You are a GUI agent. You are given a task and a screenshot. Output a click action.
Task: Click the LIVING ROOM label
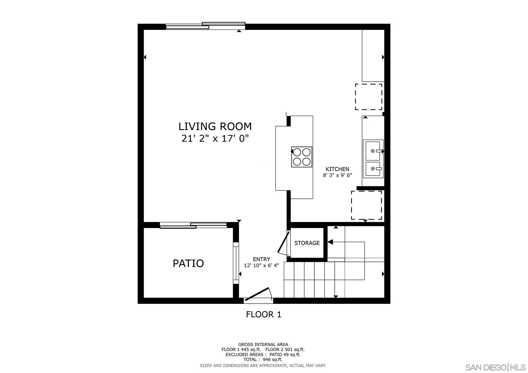click(215, 126)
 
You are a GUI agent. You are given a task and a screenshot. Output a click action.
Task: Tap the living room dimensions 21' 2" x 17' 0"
click(215, 139)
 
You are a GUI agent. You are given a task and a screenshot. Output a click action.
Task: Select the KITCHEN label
click(337, 169)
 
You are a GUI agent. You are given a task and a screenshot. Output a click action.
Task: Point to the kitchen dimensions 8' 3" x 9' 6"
click(337, 175)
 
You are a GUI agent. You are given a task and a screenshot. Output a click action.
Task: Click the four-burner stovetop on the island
click(301, 157)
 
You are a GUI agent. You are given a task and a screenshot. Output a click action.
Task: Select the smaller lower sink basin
click(373, 169)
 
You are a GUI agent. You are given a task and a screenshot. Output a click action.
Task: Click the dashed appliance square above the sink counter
click(368, 97)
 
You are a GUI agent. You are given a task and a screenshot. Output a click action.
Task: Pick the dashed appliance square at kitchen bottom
click(366, 205)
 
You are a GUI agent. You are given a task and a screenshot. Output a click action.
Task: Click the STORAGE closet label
click(307, 243)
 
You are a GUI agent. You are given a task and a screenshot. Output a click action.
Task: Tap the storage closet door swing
click(283, 242)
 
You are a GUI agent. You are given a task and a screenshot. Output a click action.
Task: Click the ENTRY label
click(261, 259)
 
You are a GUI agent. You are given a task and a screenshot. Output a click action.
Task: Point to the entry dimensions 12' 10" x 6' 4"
click(261, 266)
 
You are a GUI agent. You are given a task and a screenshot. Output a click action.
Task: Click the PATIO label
click(188, 263)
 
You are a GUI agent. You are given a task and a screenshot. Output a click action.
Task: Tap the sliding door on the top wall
click(205, 26)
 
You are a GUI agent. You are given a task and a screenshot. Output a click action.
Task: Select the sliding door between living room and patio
click(193, 225)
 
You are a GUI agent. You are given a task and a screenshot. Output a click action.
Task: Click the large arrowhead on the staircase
click(330, 242)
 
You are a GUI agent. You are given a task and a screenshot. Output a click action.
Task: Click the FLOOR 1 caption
click(263, 314)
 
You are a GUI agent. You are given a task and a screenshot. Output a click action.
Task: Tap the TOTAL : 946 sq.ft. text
click(263, 360)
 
